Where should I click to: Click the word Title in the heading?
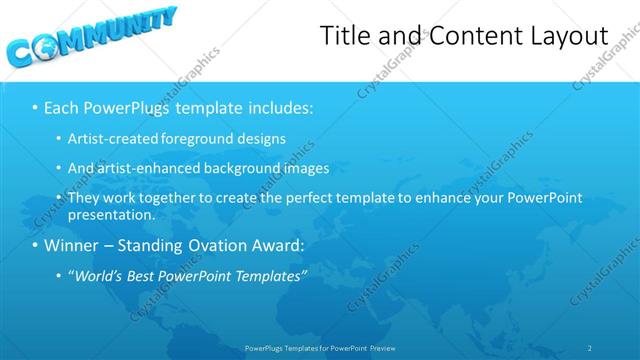[343, 35]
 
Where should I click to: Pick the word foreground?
[199, 138]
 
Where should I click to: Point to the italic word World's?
[101, 276]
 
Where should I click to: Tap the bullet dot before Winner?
[35, 245]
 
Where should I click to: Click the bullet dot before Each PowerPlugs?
[35, 106]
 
